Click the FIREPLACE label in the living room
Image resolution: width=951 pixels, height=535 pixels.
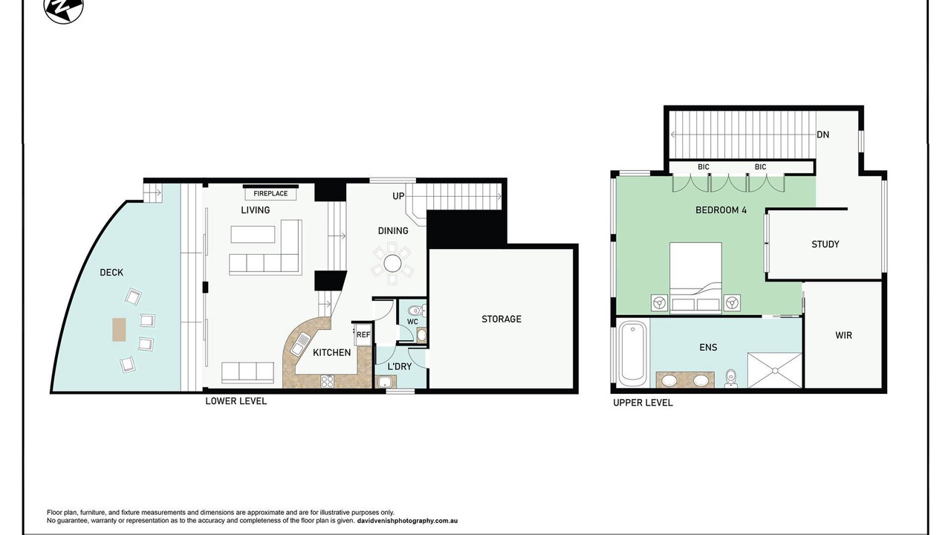[x=270, y=194]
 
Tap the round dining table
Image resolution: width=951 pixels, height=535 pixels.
[x=392, y=264]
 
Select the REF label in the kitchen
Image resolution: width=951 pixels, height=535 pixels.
[x=363, y=334]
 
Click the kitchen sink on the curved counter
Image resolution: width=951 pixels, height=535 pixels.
[x=301, y=343]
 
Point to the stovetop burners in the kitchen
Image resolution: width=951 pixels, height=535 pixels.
[x=327, y=381]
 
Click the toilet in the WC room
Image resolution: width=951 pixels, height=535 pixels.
[x=417, y=310]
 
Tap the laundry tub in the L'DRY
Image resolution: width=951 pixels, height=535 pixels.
[x=386, y=382]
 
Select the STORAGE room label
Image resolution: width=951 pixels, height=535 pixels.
[x=501, y=319]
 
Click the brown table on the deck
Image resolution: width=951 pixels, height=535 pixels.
[x=120, y=329]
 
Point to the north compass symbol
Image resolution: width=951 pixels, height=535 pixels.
[x=64, y=8]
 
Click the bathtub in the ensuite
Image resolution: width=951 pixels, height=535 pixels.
[x=632, y=353]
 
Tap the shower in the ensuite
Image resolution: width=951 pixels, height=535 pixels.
[x=774, y=370]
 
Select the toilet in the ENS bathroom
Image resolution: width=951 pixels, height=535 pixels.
[x=731, y=379]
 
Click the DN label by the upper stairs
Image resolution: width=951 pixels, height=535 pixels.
[x=822, y=134]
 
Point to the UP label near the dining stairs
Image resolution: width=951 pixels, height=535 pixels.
[x=398, y=196]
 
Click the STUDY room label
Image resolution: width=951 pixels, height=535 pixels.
[x=825, y=244]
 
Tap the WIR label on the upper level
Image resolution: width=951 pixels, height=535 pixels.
[x=843, y=335]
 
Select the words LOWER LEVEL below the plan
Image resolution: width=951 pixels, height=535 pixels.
[x=236, y=401]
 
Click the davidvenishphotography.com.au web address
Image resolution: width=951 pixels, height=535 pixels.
[x=407, y=521]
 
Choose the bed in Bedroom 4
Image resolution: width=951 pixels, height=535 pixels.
[x=695, y=278]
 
